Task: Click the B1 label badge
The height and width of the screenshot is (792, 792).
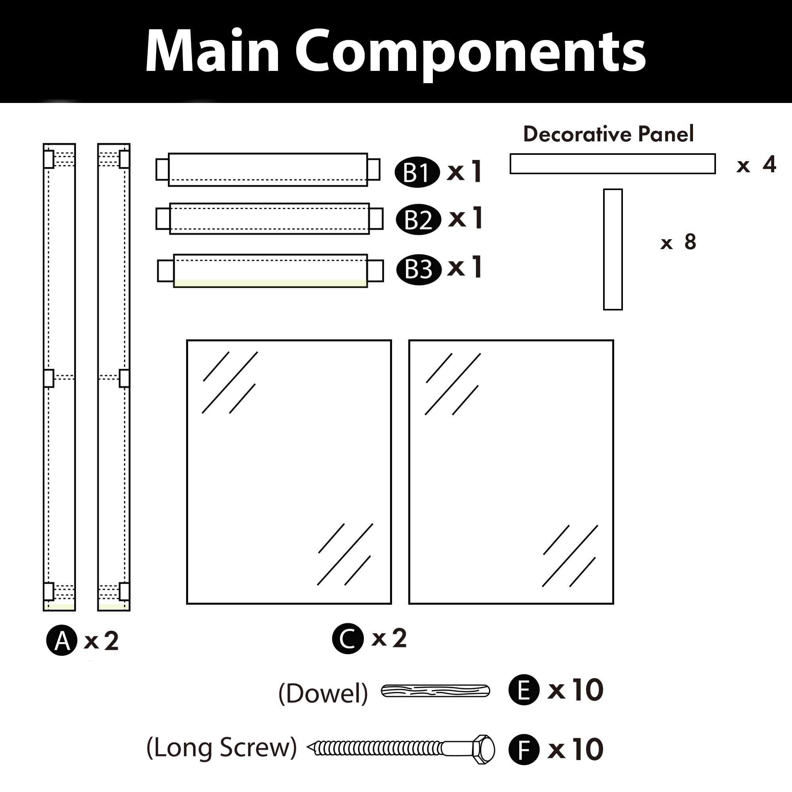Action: [x=417, y=172]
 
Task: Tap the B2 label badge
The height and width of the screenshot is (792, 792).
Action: [x=418, y=219]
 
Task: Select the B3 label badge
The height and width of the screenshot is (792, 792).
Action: [x=419, y=269]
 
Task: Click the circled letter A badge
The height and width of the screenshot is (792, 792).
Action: [x=61, y=640]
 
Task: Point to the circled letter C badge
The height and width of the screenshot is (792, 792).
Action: [x=348, y=638]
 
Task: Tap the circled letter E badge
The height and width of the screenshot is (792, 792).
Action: [x=524, y=690]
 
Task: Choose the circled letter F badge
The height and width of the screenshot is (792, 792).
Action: [x=524, y=749]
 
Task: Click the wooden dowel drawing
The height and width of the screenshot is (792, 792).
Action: [x=435, y=691]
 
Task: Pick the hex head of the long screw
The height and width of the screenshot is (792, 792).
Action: [x=484, y=749]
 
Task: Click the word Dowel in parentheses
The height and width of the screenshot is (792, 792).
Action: [x=323, y=694]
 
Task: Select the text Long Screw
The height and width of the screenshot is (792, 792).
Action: [x=221, y=747]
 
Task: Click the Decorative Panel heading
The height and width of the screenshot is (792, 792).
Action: [x=608, y=134]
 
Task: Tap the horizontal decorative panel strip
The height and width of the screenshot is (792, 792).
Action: [x=613, y=164]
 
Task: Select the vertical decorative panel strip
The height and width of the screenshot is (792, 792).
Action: [x=613, y=249]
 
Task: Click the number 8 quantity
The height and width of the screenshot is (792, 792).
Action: [x=690, y=242]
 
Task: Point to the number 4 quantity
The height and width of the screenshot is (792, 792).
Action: [x=769, y=164]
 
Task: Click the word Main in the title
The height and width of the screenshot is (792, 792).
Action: [x=212, y=52]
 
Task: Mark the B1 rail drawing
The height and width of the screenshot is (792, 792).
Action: [x=268, y=170]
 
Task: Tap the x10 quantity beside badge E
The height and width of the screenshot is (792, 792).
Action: [x=575, y=690]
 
